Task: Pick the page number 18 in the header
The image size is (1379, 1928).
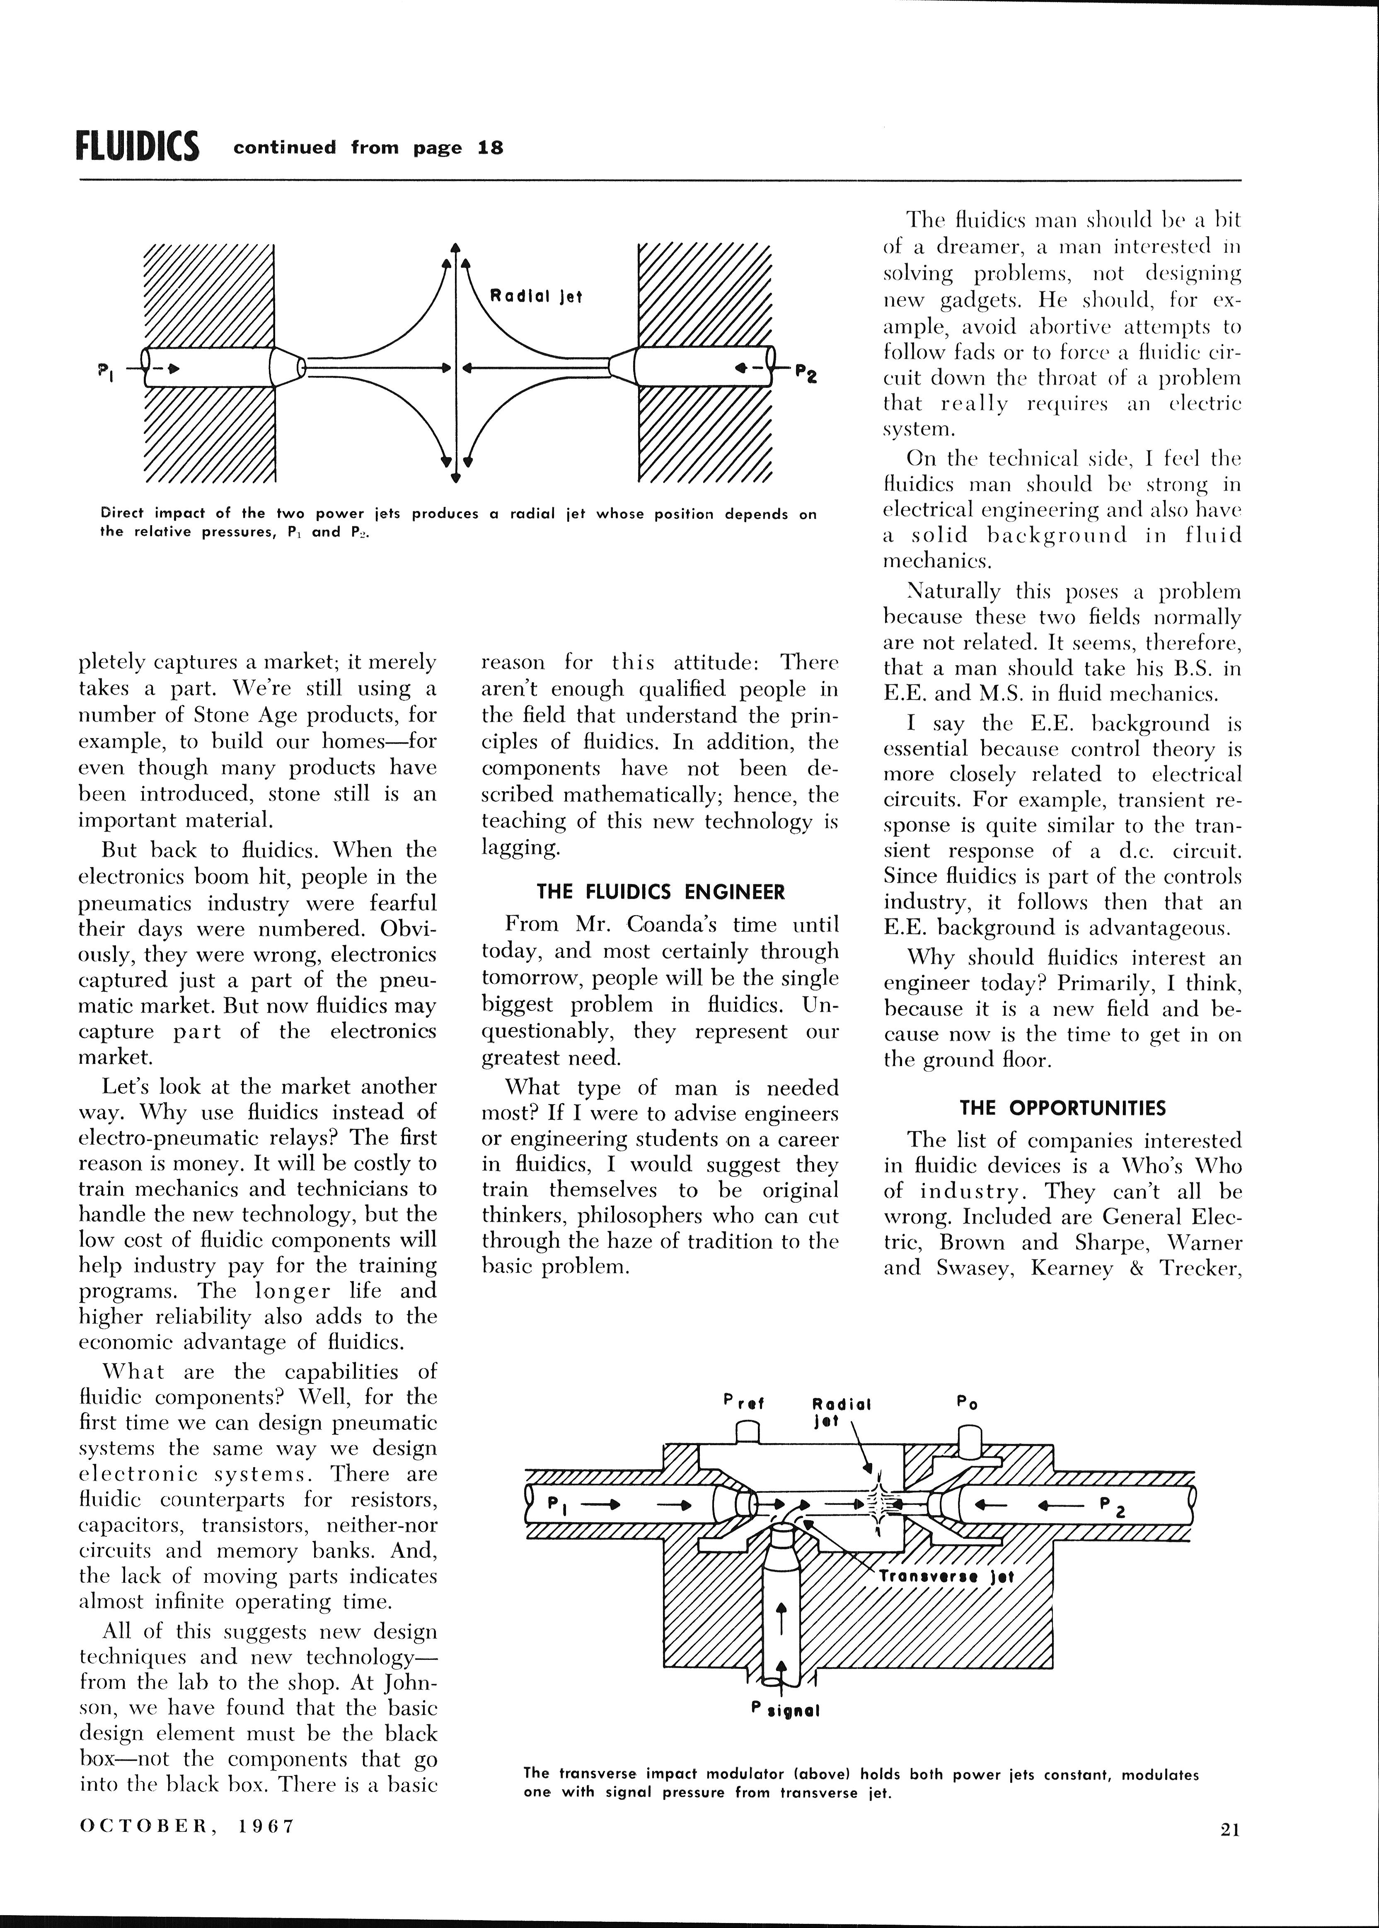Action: [x=490, y=148]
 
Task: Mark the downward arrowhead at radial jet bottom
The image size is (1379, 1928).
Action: [x=456, y=477]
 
